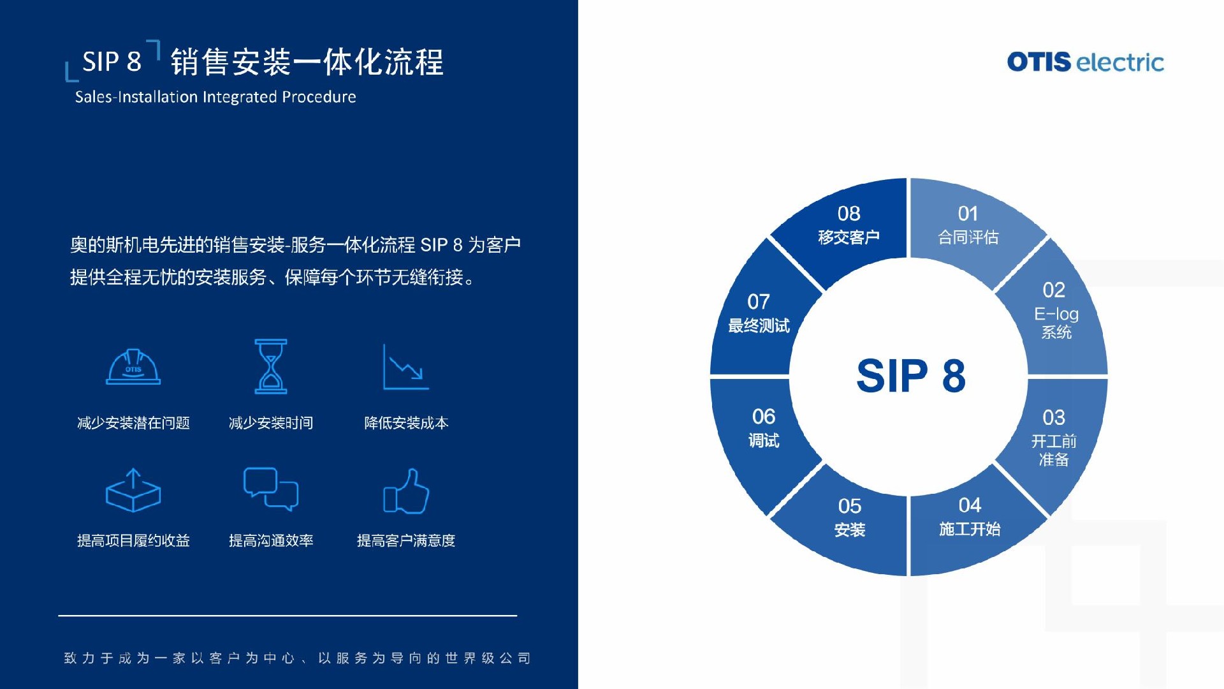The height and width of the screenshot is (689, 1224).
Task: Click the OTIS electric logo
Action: coord(1085,62)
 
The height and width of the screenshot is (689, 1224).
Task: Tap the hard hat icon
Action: coord(133,367)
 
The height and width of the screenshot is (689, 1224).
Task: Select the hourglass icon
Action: coord(271,366)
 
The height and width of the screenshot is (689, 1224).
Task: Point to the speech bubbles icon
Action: coord(271,489)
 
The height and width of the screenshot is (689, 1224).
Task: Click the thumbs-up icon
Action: coord(406,491)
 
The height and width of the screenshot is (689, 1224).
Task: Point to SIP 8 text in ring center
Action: coord(910,376)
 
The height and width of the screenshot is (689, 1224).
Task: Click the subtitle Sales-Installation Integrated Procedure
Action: coord(215,97)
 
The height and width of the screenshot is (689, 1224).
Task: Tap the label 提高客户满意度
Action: coord(406,541)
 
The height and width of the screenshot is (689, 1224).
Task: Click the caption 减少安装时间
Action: coord(271,423)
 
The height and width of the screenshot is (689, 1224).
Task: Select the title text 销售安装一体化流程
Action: coord(307,62)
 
